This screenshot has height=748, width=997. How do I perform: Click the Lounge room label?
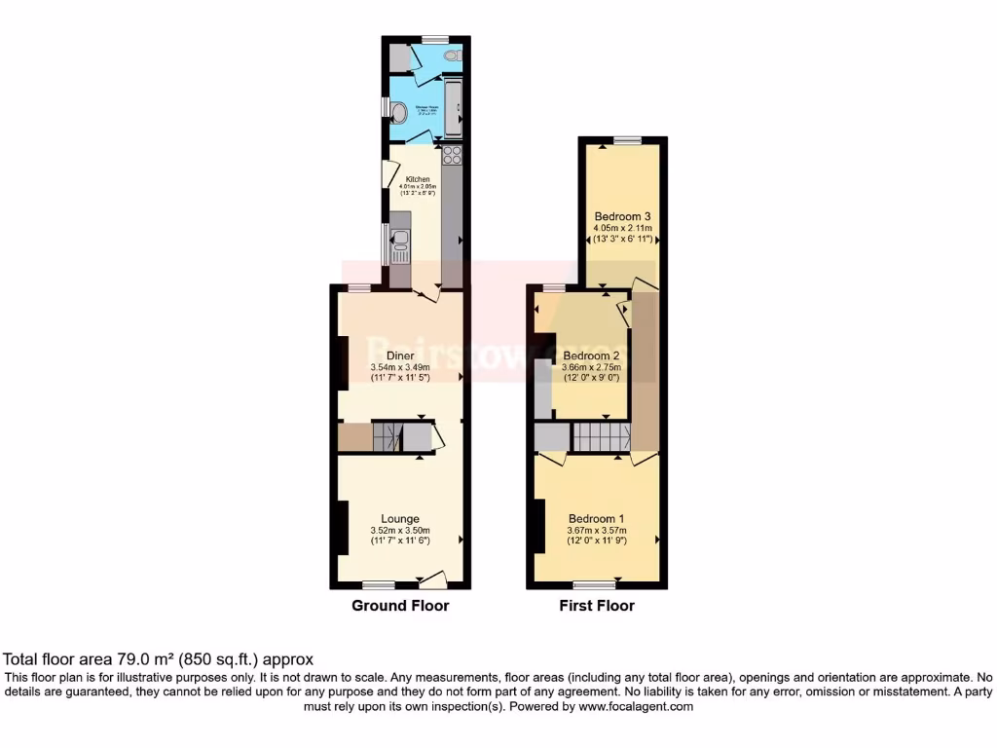pyautogui.click(x=400, y=519)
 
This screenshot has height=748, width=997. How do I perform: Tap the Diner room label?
pyautogui.click(x=400, y=355)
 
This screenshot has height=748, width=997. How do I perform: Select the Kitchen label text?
pyautogui.click(x=418, y=179)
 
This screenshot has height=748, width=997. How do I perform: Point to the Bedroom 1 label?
pyautogui.click(x=597, y=519)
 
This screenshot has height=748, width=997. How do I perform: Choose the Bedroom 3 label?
pyautogui.click(x=622, y=216)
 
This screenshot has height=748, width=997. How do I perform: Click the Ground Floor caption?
pyautogui.click(x=400, y=606)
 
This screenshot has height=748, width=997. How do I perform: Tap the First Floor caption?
pyautogui.click(x=597, y=606)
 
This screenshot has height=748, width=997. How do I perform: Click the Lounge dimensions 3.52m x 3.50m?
pyautogui.click(x=400, y=530)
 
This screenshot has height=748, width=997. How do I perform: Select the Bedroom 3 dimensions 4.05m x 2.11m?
pyautogui.click(x=622, y=228)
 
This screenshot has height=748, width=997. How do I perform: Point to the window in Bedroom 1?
pyautogui.click(x=595, y=584)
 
